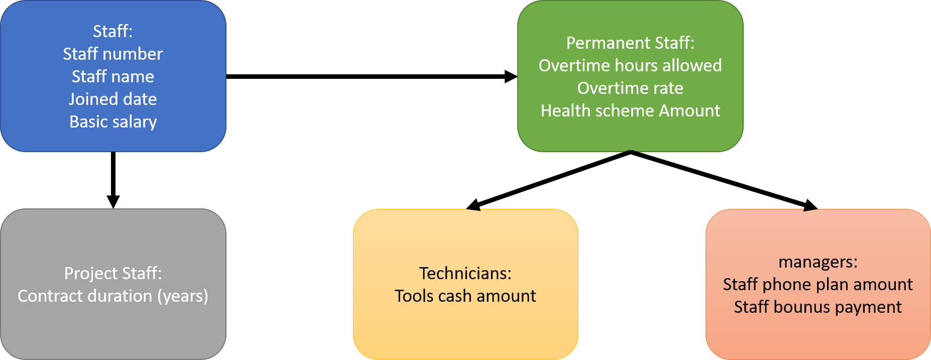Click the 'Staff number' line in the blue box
pyautogui.click(x=113, y=54)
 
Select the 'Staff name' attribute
pyautogui.click(x=113, y=76)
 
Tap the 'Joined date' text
pyautogui.click(x=113, y=99)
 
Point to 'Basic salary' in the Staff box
pyautogui.click(x=113, y=122)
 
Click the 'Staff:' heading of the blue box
pyautogui.click(x=113, y=31)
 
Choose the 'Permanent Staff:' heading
pyautogui.click(x=630, y=43)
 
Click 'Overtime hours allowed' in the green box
pyautogui.click(x=630, y=65)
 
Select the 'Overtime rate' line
pyautogui.click(x=630, y=88)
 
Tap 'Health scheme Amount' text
pyautogui.click(x=630, y=110)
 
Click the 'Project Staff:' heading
pyautogui.click(x=113, y=273)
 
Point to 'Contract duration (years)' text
pyautogui.click(x=113, y=296)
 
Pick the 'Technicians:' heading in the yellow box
pyautogui.click(x=466, y=273)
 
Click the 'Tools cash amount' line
pyautogui.click(x=466, y=296)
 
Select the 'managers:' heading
pyautogui.click(x=818, y=262)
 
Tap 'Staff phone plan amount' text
pyautogui.click(x=818, y=285)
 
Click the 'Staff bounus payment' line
pyautogui.click(x=818, y=307)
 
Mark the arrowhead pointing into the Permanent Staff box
pyautogui.click(x=511, y=76)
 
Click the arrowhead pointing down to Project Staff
pyautogui.click(x=113, y=202)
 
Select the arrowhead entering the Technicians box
pyautogui.click(x=473, y=205)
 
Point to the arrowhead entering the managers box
pyautogui.click(x=810, y=205)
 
